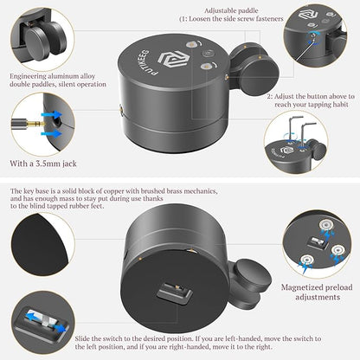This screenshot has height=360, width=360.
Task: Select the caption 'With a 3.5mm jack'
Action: coord(43,164)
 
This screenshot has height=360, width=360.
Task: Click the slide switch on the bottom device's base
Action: coord(174,291)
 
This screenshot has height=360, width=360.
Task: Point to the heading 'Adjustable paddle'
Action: coord(231,11)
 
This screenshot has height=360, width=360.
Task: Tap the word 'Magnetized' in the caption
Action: coord(302,287)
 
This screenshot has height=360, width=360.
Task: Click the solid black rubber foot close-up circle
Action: coord(40,244)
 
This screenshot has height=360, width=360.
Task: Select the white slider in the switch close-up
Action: coord(44,319)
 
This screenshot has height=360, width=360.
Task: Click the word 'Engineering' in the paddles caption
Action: coord(28,76)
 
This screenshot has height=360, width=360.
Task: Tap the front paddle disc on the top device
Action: coord(260,76)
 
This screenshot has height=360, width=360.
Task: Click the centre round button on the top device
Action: coord(207,54)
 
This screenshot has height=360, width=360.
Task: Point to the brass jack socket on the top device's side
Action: coord(120,110)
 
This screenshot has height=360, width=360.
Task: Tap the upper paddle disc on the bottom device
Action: coord(252,276)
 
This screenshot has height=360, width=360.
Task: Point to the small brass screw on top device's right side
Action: coord(226,76)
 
